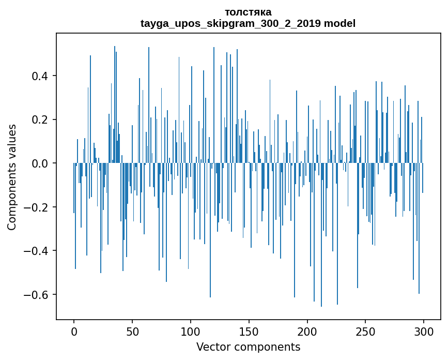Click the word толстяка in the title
pyautogui.click(x=248, y=12)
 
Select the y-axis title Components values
pyautogui.click(x=12, y=177)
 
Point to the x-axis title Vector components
pyautogui.click(x=248, y=347)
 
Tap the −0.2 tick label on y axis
pyautogui.click(x=38, y=207)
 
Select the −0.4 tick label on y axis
pyautogui.click(x=38, y=251)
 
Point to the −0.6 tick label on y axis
pyautogui.click(x=38, y=294)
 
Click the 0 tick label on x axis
pyautogui.click(x=74, y=331)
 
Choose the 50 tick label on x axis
pyautogui.click(x=132, y=331)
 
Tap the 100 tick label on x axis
pyautogui.click(x=191, y=331)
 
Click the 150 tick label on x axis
pyautogui.click(x=249, y=331)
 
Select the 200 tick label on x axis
pyautogui.click(x=307, y=331)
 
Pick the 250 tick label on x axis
pyautogui.click(x=365, y=331)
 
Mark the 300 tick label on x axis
pyautogui.click(x=424, y=331)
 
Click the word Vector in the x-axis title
pyautogui.click(x=212, y=347)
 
